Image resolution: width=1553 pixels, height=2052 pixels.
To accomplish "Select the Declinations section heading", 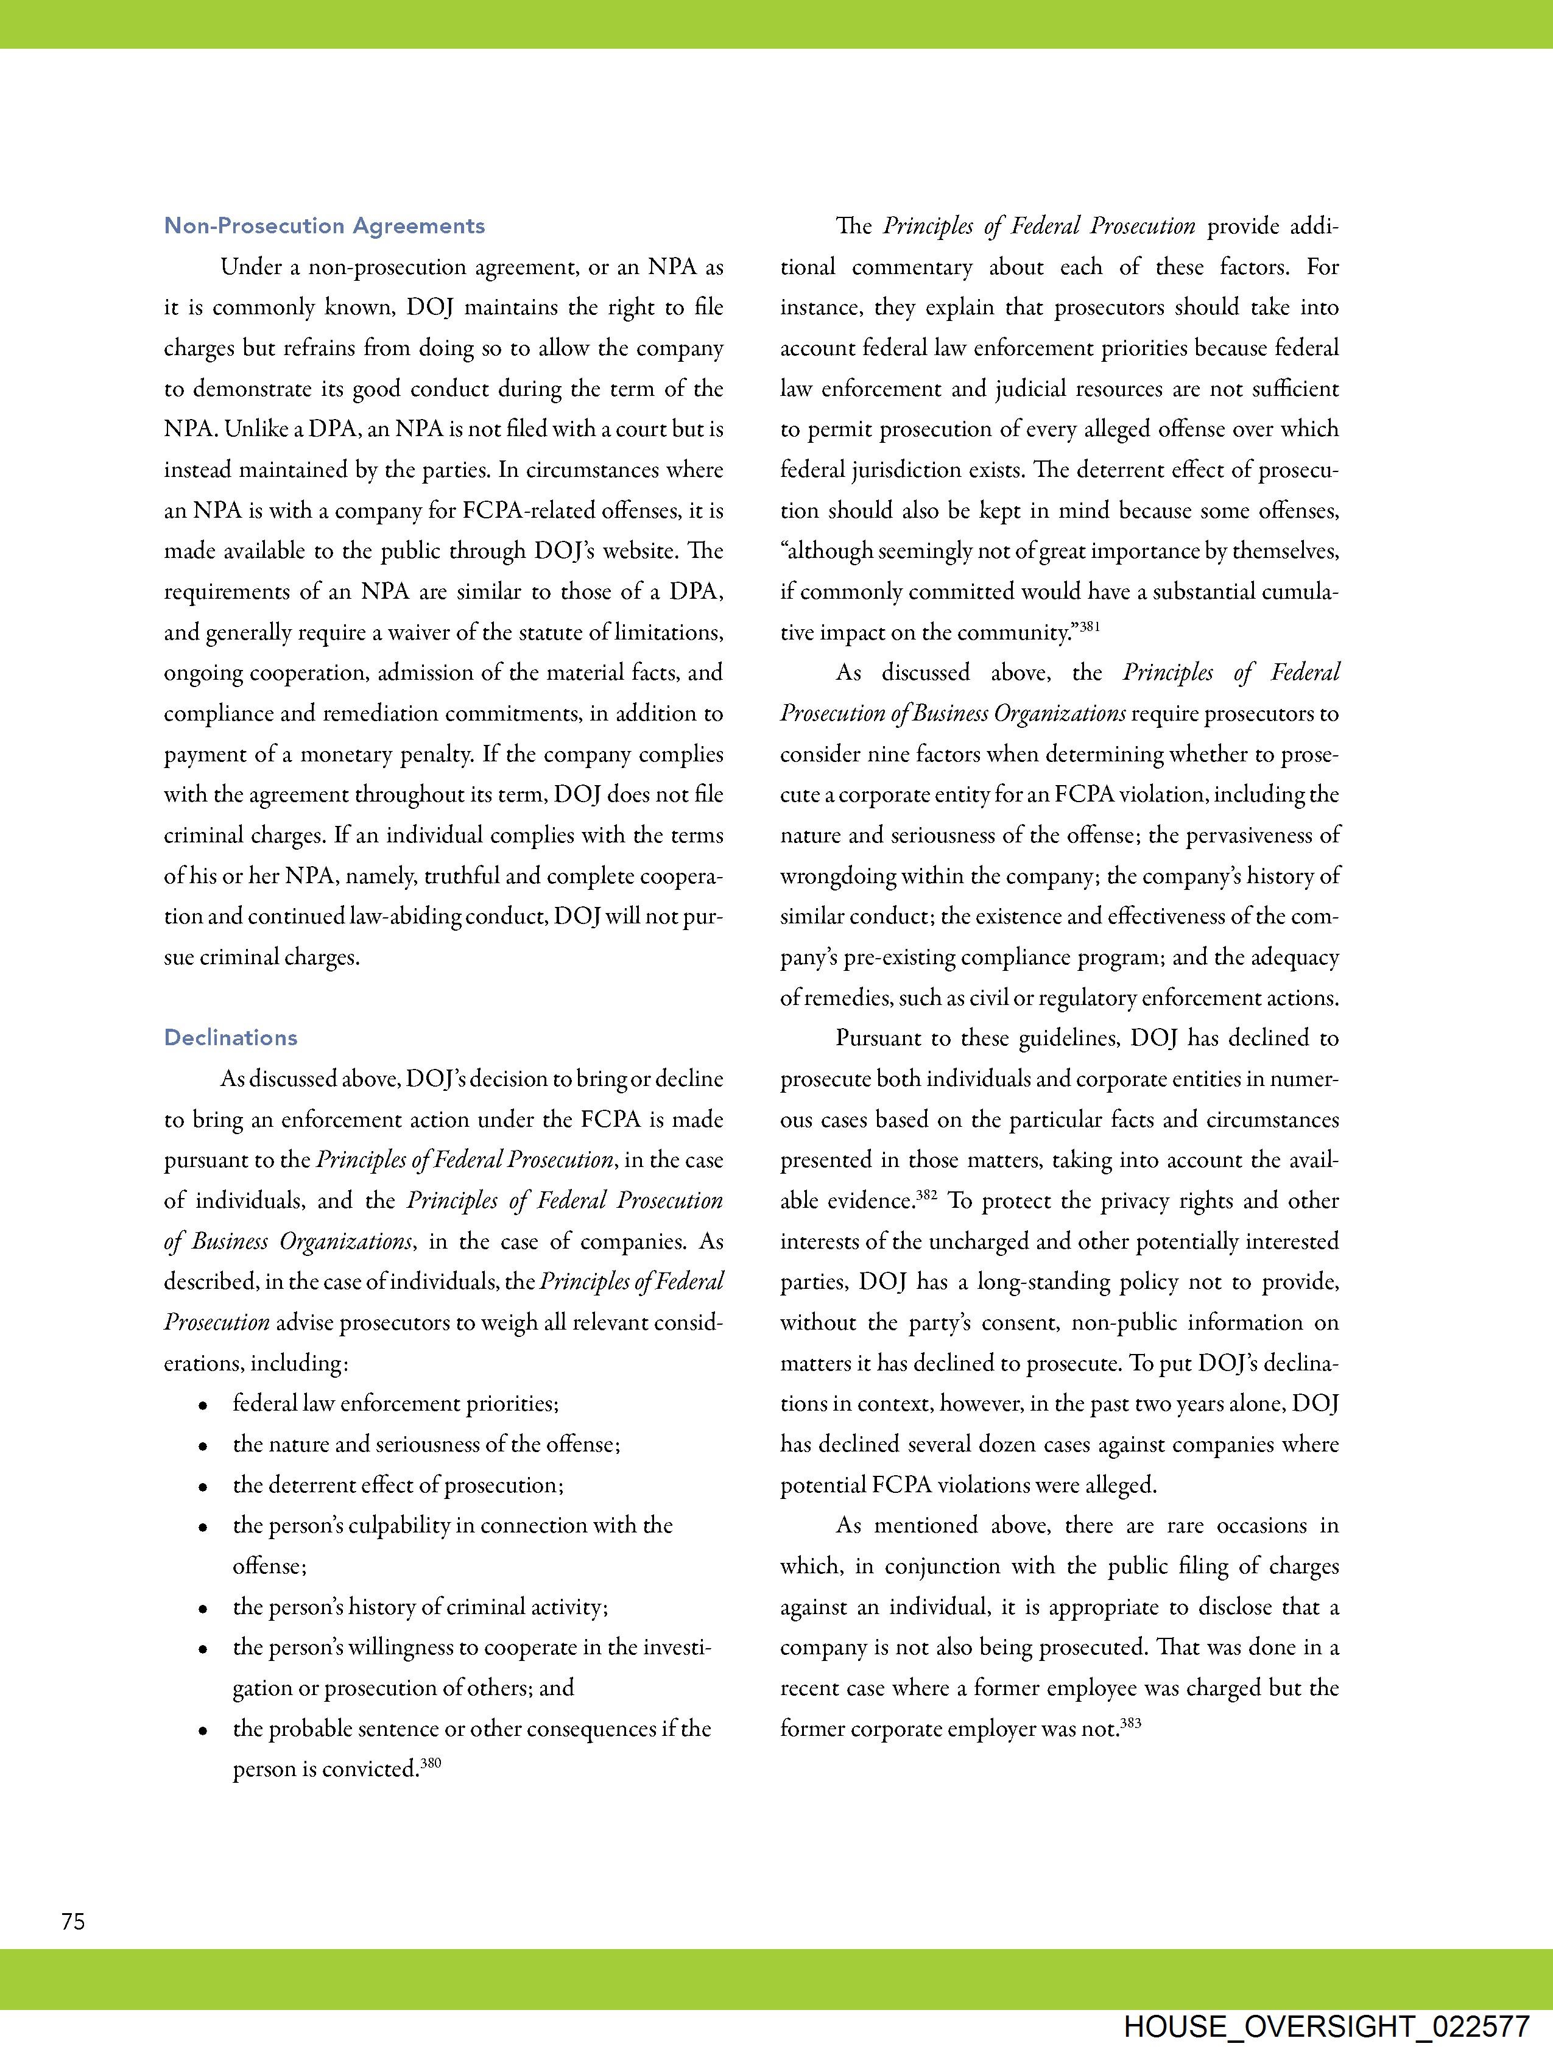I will point(230,1038).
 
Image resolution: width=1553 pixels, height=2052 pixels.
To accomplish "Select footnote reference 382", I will point(927,1195).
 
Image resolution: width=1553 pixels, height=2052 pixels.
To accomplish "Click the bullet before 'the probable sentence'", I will point(202,1731).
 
